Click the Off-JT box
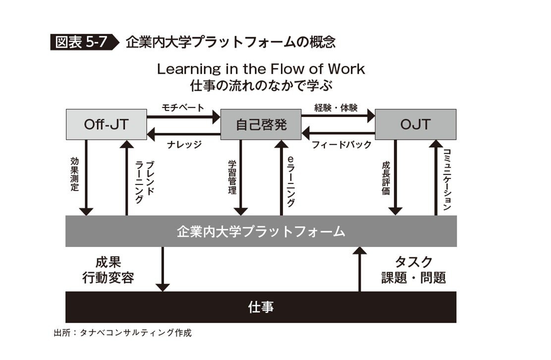coord(106,124)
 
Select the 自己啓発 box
coord(261,124)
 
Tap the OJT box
coord(415,124)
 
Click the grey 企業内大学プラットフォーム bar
coord(261,231)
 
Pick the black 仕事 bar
coord(261,307)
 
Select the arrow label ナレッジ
coord(183,144)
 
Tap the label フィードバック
coord(341,145)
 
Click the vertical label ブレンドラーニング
coord(144,181)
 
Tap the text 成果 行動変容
coord(108,270)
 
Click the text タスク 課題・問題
coord(413,270)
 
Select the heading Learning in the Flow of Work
coord(261,69)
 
